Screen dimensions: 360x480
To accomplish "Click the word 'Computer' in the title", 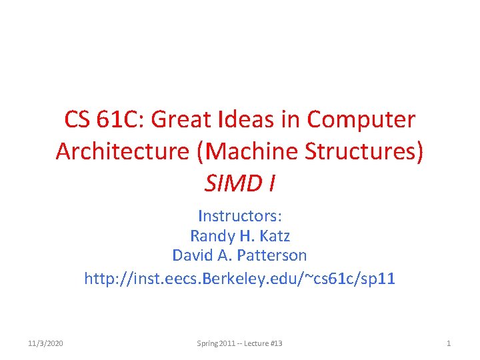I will [x=361, y=120].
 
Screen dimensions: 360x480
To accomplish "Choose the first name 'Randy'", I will [x=211, y=235].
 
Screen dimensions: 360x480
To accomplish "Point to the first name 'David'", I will [x=192, y=255].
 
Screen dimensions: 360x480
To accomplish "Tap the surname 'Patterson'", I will [x=271, y=255].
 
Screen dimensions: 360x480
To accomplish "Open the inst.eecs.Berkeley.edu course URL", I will [x=240, y=277].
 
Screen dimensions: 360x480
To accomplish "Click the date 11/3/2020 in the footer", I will [x=46, y=343].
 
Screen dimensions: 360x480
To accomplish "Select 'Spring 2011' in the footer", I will [x=215, y=343].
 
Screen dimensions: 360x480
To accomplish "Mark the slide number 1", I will [x=449, y=343].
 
